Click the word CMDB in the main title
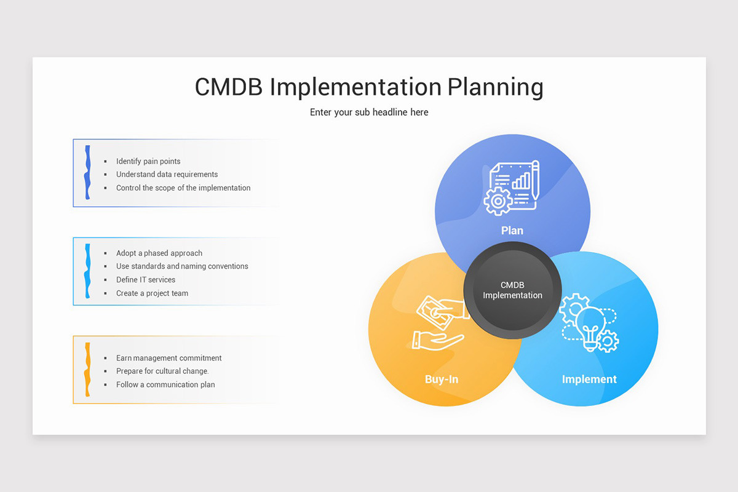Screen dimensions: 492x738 tap(229, 87)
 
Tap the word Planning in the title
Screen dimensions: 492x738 tap(495, 87)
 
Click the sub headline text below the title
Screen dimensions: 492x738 tap(369, 113)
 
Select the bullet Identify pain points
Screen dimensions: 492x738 tap(148, 161)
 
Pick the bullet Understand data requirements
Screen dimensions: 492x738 tap(167, 175)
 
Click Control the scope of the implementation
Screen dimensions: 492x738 tap(183, 188)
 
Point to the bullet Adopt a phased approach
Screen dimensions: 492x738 tap(159, 253)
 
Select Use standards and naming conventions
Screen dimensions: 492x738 tap(182, 266)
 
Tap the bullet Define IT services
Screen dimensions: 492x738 tap(146, 280)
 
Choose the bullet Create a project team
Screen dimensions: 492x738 tap(152, 293)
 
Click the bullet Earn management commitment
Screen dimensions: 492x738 tap(169, 358)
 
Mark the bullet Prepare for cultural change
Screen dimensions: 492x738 tap(162, 371)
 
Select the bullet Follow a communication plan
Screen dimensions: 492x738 tap(165, 385)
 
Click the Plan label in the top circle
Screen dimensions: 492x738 tap(512, 231)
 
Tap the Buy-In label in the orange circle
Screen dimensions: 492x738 tap(442, 379)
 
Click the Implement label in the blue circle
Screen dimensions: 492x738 tap(589, 379)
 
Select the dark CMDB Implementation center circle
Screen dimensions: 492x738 tap(512, 290)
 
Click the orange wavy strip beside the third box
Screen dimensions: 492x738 tap(88, 369)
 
